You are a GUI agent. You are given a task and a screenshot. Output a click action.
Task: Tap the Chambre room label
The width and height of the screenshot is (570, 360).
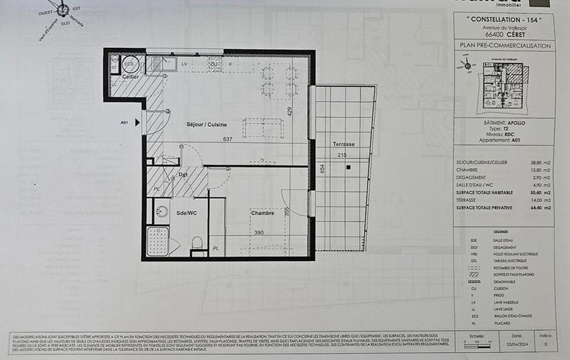pos(263,212)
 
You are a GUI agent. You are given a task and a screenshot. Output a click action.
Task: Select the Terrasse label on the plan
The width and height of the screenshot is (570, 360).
pos(343,145)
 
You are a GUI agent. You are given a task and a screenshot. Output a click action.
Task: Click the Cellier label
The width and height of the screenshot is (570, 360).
pos(130,76)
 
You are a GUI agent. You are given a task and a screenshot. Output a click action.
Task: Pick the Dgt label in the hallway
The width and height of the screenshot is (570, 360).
pos(183,175)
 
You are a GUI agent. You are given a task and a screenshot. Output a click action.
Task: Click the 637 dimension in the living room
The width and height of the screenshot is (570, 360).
pos(228,139)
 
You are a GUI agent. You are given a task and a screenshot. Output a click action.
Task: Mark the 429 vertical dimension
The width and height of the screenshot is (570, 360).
pos(290,111)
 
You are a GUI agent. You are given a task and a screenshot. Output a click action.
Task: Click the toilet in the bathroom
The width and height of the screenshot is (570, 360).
pos(197,243)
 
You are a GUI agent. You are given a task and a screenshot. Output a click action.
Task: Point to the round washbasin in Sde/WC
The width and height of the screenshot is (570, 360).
pos(162,211)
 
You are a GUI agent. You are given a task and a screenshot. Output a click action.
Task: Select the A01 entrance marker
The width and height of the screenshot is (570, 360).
pos(124,123)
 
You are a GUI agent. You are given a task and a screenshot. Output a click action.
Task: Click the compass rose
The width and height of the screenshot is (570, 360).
pos(63,11)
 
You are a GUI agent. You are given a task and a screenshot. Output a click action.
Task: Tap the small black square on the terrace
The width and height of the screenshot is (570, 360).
pos(348,168)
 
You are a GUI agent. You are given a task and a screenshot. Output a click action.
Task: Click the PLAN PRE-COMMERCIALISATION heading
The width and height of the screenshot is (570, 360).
pos(506,46)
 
